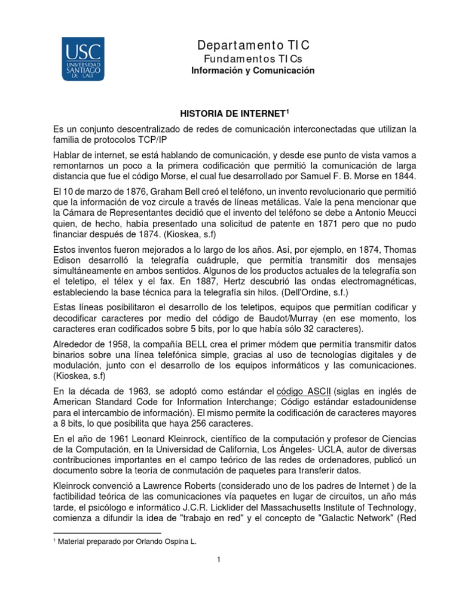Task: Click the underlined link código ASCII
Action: coord(304,391)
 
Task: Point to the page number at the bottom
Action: coord(219,559)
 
